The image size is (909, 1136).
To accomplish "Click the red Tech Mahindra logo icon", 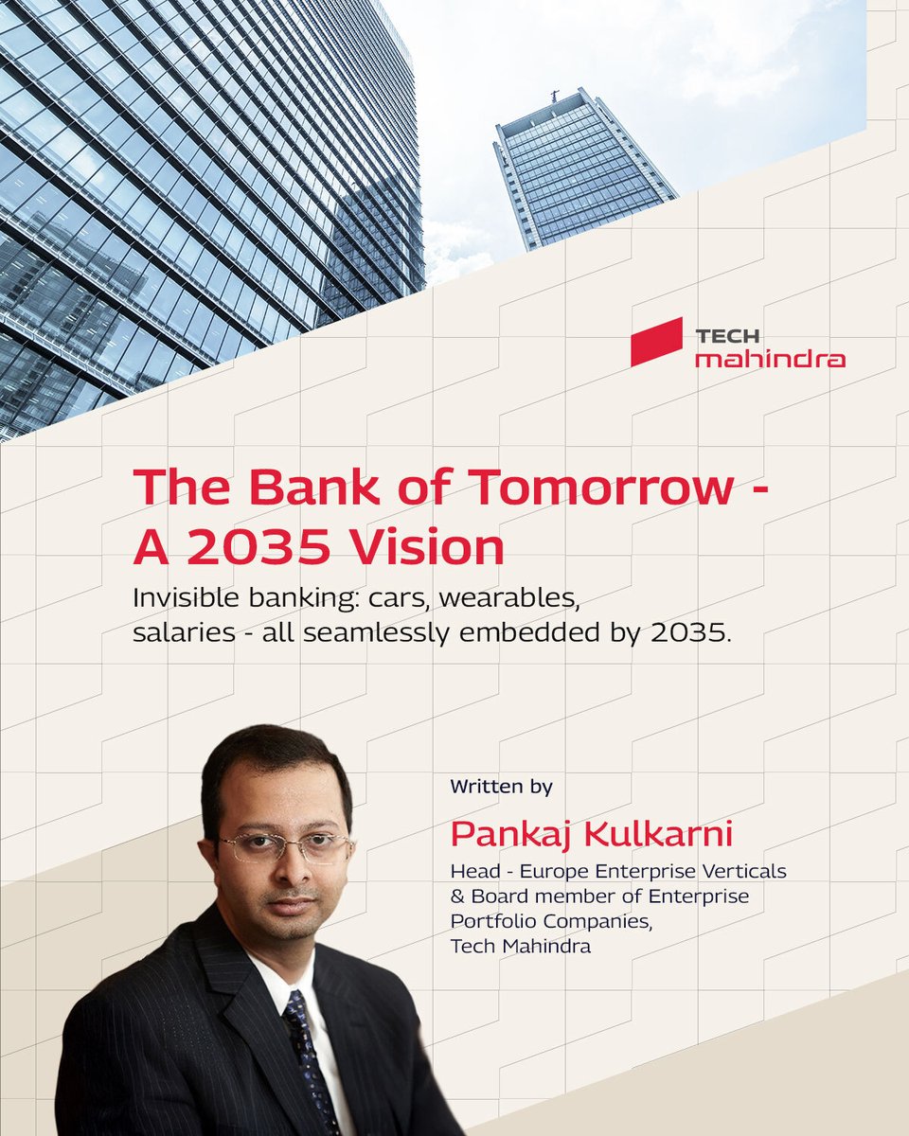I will [656, 342].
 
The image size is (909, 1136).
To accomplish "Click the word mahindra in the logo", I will [770, 360].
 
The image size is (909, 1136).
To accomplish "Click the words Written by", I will [501, 787].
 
